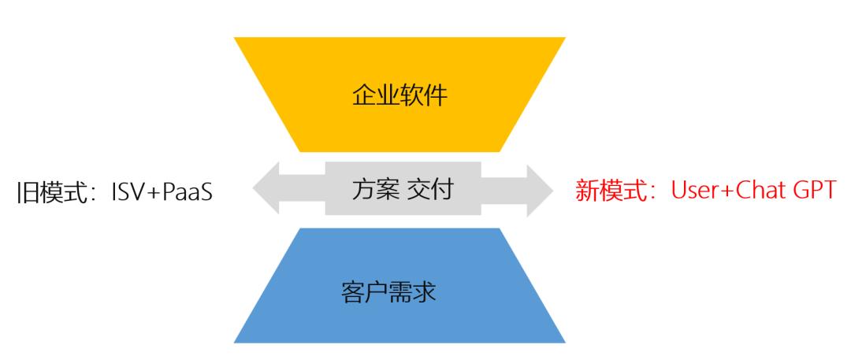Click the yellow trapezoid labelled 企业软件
tap(399, 95)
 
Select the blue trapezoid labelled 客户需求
tap(399, 286)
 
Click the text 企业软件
tap(399, 96)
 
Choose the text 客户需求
tap(388, 293)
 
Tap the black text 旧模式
tap(52, 193)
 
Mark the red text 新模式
tap(611, 191)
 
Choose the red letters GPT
tap(813, 191)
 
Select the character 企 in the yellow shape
tap(363, 96)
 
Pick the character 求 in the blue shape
tap(425, 293)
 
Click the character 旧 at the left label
tap(28, 193)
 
